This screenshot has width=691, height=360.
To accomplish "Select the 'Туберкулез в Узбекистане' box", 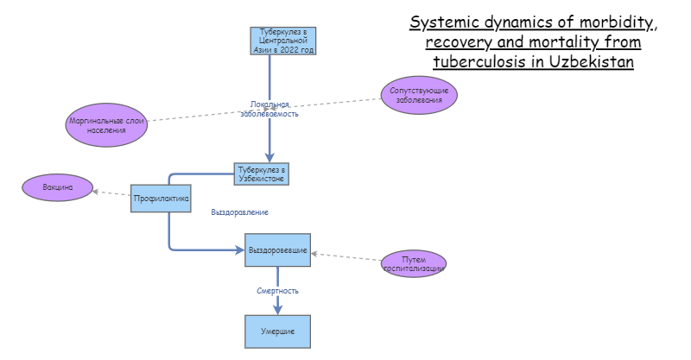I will click(x=261, y=174).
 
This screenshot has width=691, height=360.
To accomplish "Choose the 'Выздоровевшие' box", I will click(x=277, y=249).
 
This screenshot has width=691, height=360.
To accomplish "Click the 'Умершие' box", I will click(x=277, y=332).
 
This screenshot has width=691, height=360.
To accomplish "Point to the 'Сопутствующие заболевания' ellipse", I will click(x=420, y=95).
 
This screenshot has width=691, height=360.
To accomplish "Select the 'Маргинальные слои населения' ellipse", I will click(x=107, y=125).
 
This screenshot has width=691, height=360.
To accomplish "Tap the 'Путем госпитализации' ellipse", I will click(x=414, y=263).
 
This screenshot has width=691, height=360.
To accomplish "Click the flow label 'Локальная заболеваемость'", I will click(x=269, y=109).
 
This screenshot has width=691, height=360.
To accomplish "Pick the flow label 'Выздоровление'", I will click(x=239, y=212).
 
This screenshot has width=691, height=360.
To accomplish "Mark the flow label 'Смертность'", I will click(x=277, y=291).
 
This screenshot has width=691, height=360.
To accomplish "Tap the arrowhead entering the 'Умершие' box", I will click(x=277, y=310).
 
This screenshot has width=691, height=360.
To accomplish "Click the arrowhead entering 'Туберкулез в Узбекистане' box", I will click(x=269, y=157).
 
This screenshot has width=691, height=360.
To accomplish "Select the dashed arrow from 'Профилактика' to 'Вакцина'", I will click(x=111, y=193).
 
